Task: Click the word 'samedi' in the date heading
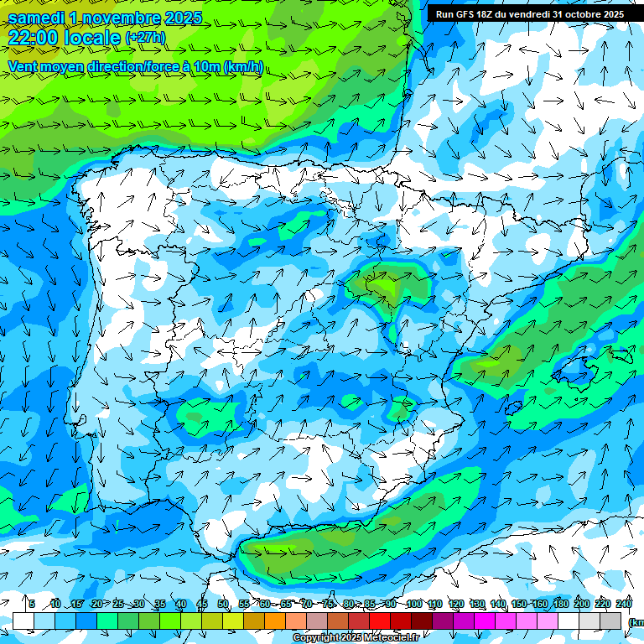[37, 18]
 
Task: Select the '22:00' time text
[34, 38]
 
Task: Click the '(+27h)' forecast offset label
[145, 38]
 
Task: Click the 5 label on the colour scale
[32, 605]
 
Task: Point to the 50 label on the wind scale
[223, 605]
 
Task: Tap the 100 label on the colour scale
[413, 605]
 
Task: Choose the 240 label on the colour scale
[623, 605]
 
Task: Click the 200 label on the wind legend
[581, 605]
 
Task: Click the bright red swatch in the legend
[380, 621]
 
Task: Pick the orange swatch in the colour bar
[275, 621]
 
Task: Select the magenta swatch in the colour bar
[485, 621]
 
